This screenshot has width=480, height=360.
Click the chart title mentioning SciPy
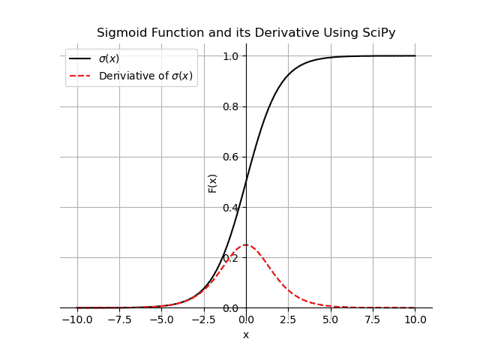pyautogui.click(x=246, y=33)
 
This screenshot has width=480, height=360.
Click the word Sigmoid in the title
pyautogui.click(x=118, y=33)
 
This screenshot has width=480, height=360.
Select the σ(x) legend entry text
pyautogui.click(x=109, y=58)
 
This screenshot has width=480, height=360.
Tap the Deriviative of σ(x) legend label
pyautogui.click(x=145, y=76)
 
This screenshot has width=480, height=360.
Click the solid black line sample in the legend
pyautogui.click(x=79, y=58)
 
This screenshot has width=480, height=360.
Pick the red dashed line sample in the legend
pyautogui.click(x=79, y=76)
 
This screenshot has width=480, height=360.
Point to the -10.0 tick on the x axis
pyautogui.click(x=76, y=319)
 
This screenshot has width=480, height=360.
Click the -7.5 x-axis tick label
pyautogui.click(x=118, y=319)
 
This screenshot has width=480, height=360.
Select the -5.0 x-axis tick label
pyautogui.click(x=160, y=319)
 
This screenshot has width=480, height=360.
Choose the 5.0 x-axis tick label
pyautogui.click(x=331, y=319)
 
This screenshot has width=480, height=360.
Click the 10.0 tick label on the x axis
pyautogui.click(x=415, y=319)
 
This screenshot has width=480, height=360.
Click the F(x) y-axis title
pyautogui.click(x=212, y=182)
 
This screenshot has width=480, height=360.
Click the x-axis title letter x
pyautogui.click(x=246, y=334)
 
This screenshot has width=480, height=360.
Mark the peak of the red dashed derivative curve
pyautogui.click(x=246, y=244)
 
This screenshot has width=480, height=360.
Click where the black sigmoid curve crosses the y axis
pyautogui.click(x=246, y=182)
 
